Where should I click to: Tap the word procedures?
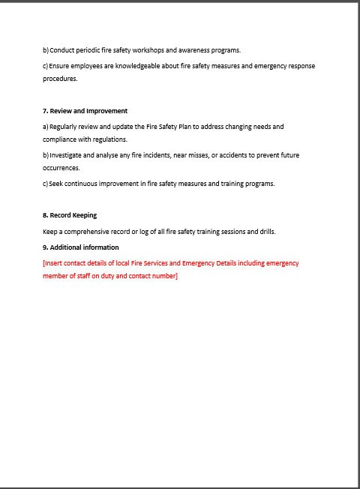point(60,79)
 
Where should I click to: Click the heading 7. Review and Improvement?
point(85,111)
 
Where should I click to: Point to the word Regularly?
point(64,127)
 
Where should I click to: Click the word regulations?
point(109,139)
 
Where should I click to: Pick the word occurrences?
point(61,168)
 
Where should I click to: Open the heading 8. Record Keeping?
point(70,215)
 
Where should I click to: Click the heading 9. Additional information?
point(80,247)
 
